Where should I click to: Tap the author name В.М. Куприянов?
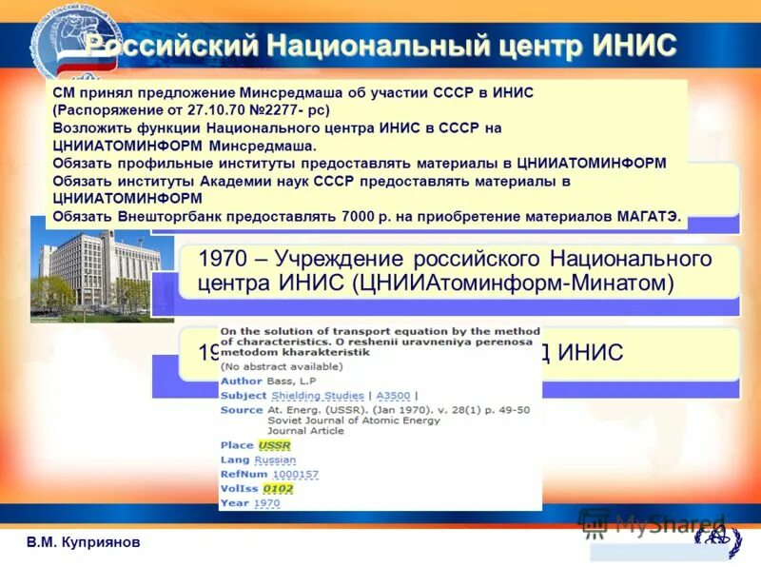83,541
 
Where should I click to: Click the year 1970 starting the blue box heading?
221,259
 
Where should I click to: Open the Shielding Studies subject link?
318,396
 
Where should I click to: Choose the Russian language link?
275,459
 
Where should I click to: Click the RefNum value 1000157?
295,474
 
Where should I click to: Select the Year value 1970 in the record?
267,502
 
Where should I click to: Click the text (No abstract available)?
282,365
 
